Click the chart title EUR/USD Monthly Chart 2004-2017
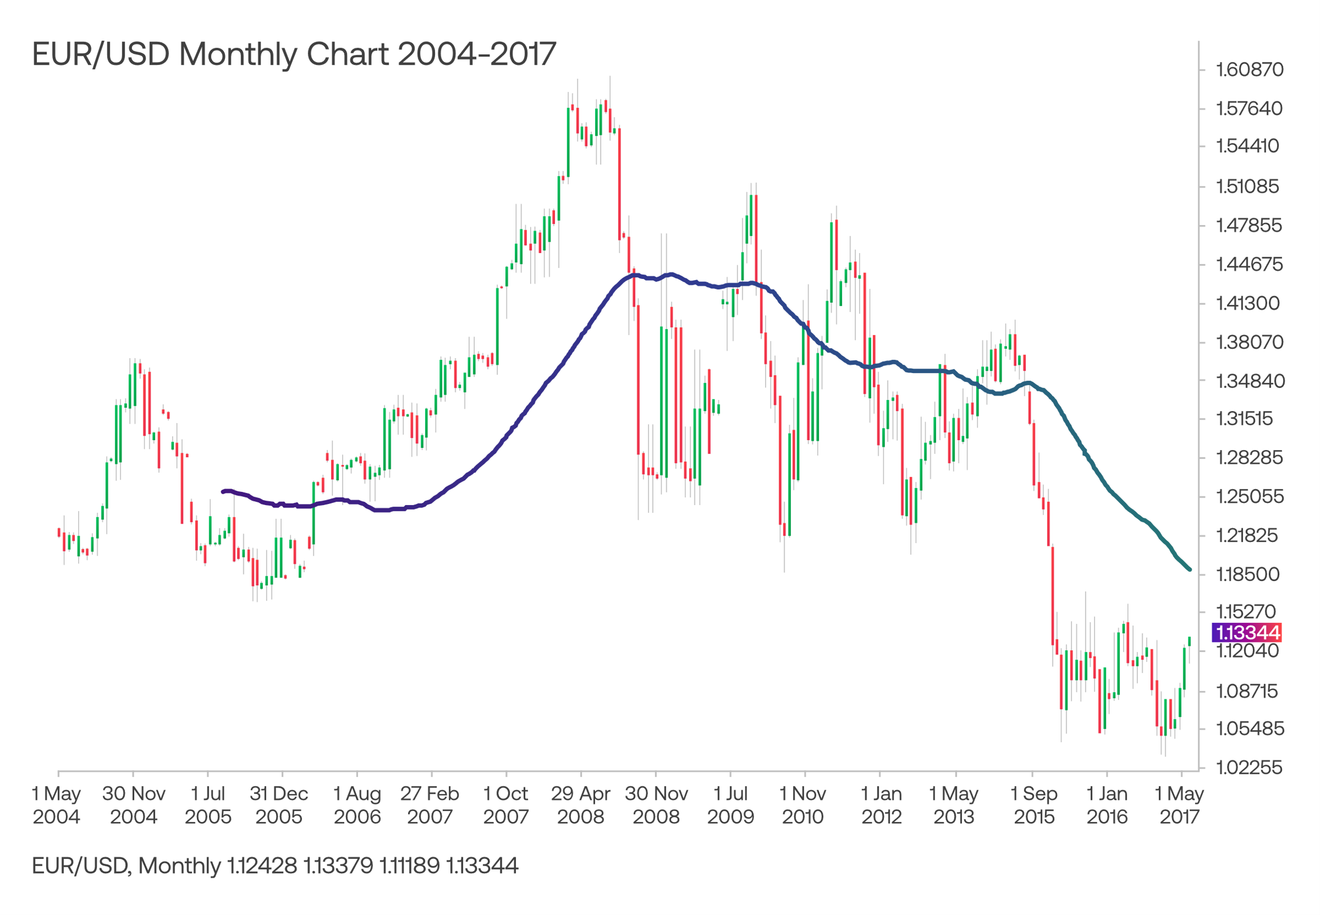tap(294, 54)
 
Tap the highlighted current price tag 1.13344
tap(1247, 633)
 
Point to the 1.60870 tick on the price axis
tap(1249, 70)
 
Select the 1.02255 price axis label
tap(1249, 768)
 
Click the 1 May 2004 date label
tap(56, 806)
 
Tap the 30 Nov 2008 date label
tap(656, 806)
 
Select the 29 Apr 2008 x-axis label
tap(580, 806)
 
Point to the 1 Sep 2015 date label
tap(1033, 806)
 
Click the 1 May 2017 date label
tap(1179, 806)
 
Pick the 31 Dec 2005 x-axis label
tap(278, 806)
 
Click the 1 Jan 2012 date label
tap(881, 806)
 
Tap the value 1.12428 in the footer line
tap(262, 866)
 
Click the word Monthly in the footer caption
tap(180, 866)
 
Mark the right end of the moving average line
tap(1190, 570)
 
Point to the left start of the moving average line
tap(223, 491)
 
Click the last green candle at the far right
tap(1190, 641)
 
